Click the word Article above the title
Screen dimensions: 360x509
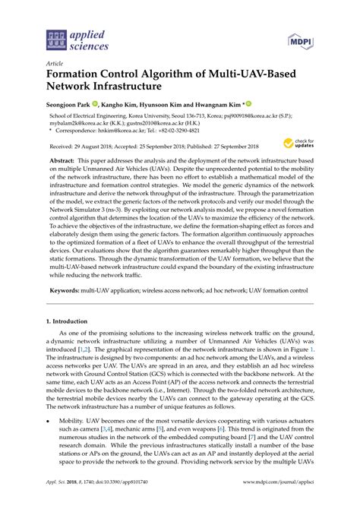click(55, 63)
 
